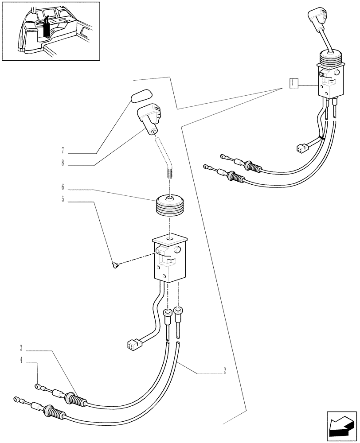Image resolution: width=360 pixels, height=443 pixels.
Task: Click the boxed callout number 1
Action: click(x=293, y=83)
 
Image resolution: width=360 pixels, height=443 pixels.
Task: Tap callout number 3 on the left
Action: click(x=21, y=346)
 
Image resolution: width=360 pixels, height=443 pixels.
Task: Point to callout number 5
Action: click(x=63, y=199)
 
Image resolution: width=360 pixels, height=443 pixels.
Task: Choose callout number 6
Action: click(x=63, y=187)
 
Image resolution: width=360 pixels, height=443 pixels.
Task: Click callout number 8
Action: click(x=63, y=163)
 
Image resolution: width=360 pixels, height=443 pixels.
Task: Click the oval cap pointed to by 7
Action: click(x=140, y=96)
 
